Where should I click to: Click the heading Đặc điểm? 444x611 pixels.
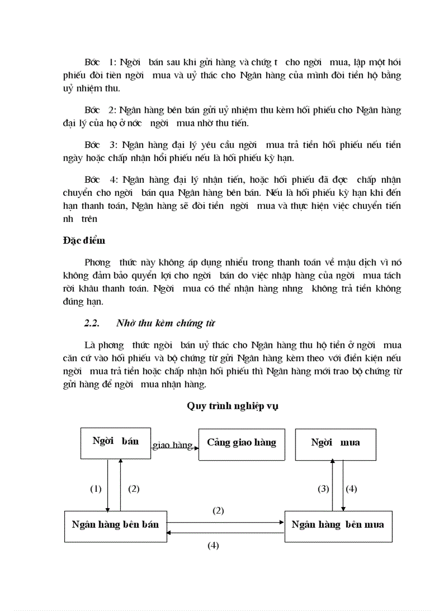coord(84,240)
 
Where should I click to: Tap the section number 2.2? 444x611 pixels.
coord(92,323)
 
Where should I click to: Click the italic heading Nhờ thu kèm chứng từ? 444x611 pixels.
coord(166,323)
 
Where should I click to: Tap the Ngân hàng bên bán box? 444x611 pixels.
coord(115,526)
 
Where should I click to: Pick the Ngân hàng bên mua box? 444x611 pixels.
coord(338,526)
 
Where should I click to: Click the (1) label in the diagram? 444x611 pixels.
coord(96,489)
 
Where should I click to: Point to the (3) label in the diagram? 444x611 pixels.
coord(324,489)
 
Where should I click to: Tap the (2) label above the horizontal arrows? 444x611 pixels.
coord(218,510)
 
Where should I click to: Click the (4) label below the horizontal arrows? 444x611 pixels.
coord(213,545)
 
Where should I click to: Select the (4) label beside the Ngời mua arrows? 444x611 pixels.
coord(351,489)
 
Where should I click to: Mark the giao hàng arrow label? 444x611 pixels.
coord(172,446)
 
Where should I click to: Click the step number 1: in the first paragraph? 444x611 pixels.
coord(112,61)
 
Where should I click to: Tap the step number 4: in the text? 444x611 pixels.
coord(113,179)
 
